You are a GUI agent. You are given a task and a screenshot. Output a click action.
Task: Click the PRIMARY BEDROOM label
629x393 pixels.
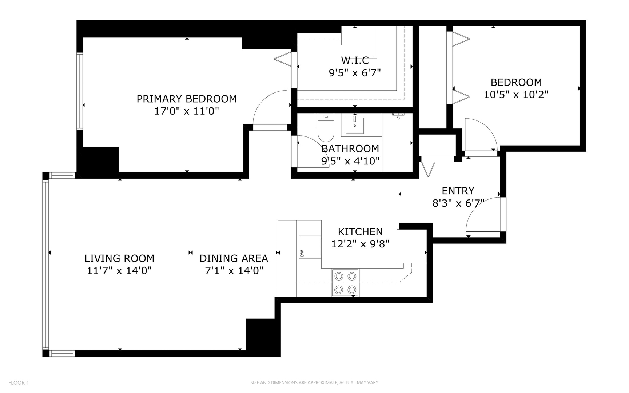[x=186, y=99]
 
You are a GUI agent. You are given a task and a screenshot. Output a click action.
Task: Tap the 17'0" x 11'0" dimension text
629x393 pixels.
[x=186, y=111]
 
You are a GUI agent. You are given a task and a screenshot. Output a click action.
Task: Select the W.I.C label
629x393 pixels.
[x=355, y=61]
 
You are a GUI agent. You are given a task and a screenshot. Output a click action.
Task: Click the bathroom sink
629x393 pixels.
[x=354, y=125]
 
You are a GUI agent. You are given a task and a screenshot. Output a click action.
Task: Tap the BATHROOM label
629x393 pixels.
[x=350, y=148]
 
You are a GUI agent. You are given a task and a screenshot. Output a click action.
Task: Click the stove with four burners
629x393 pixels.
[x=345, y=283]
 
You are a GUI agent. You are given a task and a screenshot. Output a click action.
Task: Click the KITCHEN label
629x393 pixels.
[x=360, y=232]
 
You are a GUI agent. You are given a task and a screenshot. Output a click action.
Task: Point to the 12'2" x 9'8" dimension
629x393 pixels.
[x=360, y=244]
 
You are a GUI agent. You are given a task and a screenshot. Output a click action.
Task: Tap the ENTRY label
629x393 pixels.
[x=458, y=191]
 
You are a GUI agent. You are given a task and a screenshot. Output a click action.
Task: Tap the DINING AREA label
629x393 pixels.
[x=234, y=258]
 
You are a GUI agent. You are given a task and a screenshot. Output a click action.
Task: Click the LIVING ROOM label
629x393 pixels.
[x=119, y=258]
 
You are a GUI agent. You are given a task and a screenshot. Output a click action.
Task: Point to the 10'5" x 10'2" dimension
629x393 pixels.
[x=516, y=95]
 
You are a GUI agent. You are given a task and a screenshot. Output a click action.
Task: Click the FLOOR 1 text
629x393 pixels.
[x=19, y=382]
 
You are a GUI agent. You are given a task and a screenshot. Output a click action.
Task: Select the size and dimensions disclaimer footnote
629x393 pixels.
[x=314, y=382]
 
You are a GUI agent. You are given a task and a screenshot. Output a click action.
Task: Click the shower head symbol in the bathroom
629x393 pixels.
[x=398, y=116]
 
